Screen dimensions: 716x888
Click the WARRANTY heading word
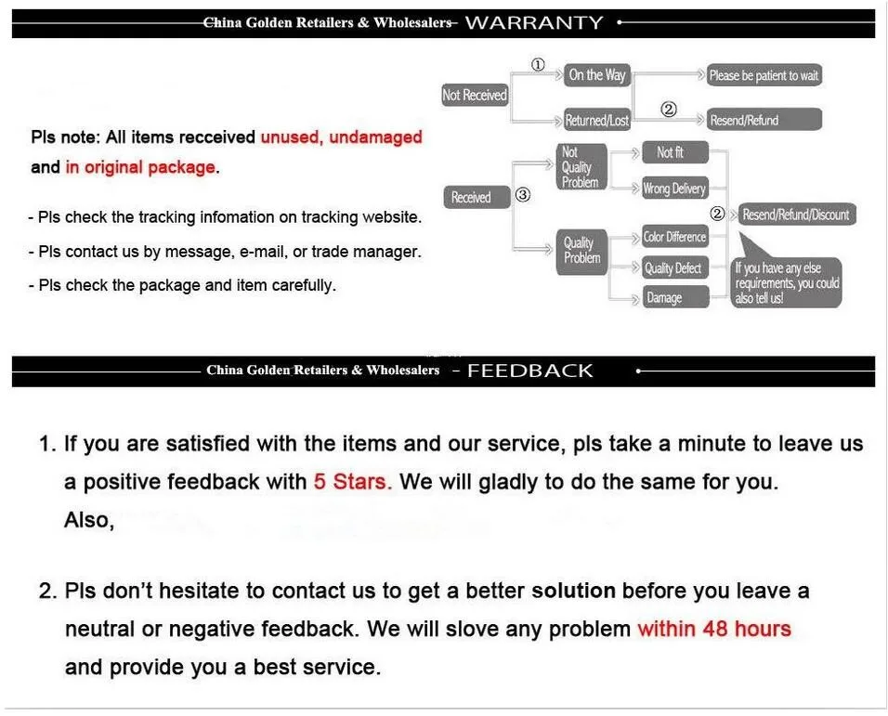click(533, 22)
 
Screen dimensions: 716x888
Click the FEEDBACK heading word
click(529, 371)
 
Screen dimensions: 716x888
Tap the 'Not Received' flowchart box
click(474, 95)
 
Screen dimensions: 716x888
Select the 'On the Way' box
click(597, 75)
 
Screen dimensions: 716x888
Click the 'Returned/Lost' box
click(597, 121)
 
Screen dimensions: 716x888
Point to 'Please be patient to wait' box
click(764, 75)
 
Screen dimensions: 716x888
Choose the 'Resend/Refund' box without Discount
click(764, 120)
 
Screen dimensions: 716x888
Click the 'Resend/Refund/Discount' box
click(795, 215)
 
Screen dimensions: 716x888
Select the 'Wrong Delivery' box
click(674, 189)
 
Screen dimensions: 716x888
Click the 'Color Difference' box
click(674, 237)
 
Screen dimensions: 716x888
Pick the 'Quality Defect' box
click(674, 268)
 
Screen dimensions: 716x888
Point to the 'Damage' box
click(674, 297)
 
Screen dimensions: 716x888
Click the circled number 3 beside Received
click(523, 195)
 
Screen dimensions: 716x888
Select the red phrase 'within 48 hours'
click(713, 629)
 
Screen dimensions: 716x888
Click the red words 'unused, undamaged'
click(341, 137)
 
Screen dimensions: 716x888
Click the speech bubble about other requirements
click(787, 282)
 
